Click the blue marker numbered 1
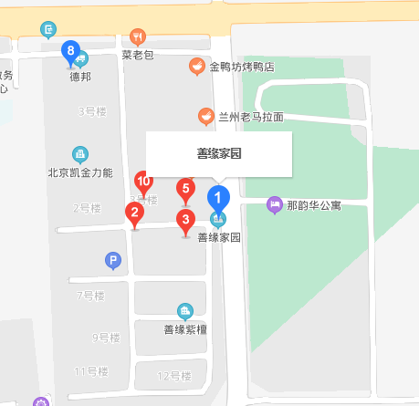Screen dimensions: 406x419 coord(217,196)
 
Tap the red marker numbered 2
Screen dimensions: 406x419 coord(134,215)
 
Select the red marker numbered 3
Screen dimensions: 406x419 coord(186,220)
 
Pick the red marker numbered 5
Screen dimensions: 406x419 coord(185,191)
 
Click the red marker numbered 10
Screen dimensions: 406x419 coord(143,182)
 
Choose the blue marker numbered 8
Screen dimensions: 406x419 coord(68,52)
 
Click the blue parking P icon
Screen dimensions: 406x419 coord(113,262)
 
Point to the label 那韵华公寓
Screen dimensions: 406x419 coord(313,205)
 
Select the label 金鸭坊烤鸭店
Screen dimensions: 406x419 coord(242,68)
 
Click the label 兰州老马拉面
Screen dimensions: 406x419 coord(251,117)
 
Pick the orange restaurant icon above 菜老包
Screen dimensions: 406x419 coord(138,36)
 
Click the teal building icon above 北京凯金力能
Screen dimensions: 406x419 coord(80,154)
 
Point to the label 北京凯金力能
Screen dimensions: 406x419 coord(80,172)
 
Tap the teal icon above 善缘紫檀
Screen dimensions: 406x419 coord(186,311)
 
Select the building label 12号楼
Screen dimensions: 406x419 coord(173,376)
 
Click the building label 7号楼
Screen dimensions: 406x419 coord(91,296)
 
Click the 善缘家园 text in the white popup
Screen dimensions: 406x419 coord(219,154)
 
